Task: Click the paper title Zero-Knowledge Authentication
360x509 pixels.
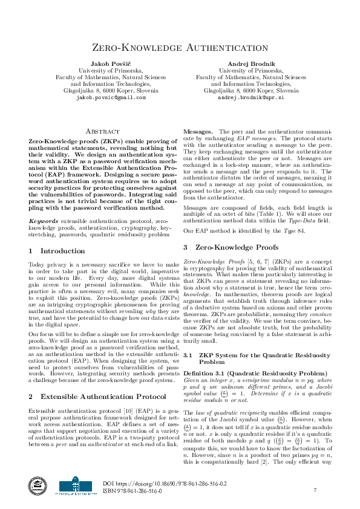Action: (180, 48)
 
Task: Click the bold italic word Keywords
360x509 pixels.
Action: (43, 222)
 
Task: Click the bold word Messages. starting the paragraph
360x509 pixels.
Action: (198, 131)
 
